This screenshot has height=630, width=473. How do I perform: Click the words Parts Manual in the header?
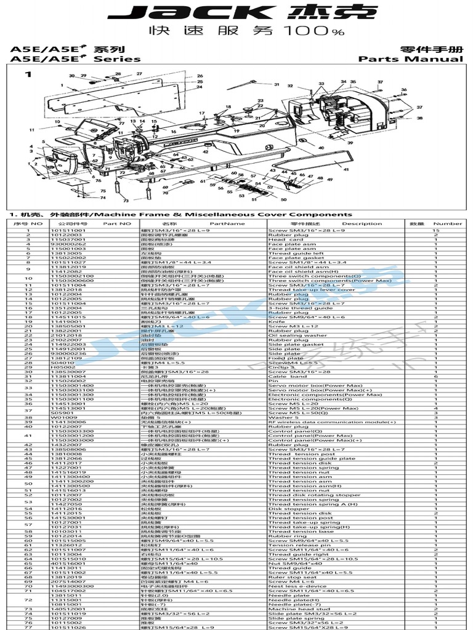pos(411,59)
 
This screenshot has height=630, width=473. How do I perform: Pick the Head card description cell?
pos(281,239)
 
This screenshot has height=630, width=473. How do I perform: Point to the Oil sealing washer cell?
pos(289,335)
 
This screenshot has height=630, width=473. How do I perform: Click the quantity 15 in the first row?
pos(435,230)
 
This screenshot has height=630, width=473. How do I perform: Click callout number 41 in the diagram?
pos(346,169)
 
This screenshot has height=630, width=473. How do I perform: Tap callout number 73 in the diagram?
pos(126,201)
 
